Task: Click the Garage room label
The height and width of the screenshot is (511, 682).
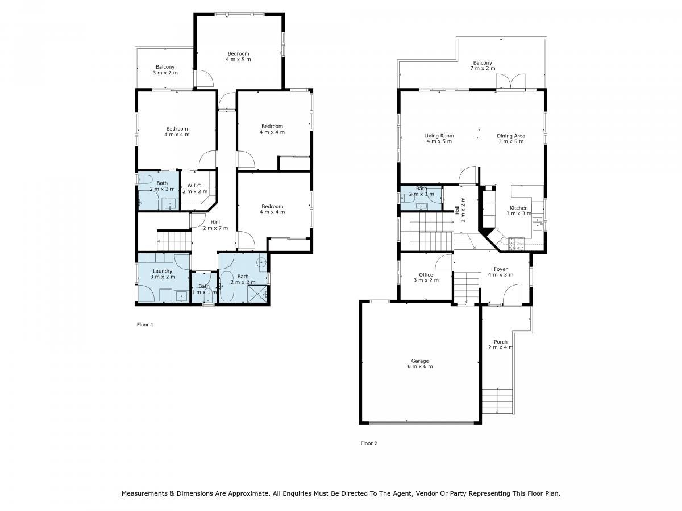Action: pos(420,361)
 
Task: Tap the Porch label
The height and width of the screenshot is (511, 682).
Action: pos(500,342)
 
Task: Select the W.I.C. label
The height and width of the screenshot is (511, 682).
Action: pos(194,186)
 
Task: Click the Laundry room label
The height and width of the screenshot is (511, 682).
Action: pos(163,271)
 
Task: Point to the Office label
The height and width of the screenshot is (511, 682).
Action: pos(426,275)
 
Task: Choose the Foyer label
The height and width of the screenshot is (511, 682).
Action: pos(501,269)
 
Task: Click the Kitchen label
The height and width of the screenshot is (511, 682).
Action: pos(518,208)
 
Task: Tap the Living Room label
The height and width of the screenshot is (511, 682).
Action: pos(439,136)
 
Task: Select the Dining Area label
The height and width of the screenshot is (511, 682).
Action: pos(511,136)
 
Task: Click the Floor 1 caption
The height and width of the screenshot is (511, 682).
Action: pos(145,325)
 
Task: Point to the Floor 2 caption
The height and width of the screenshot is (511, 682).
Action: pos(369,443)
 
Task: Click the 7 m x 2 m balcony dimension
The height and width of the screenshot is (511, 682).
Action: pos(483,68)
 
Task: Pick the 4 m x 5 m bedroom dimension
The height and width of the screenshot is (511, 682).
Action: pos(238,59)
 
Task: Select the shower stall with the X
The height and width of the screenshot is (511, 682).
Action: pos(257,293)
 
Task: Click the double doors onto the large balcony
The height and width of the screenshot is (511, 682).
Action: pos(510,82)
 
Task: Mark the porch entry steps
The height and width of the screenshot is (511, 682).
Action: pos(497,402)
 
